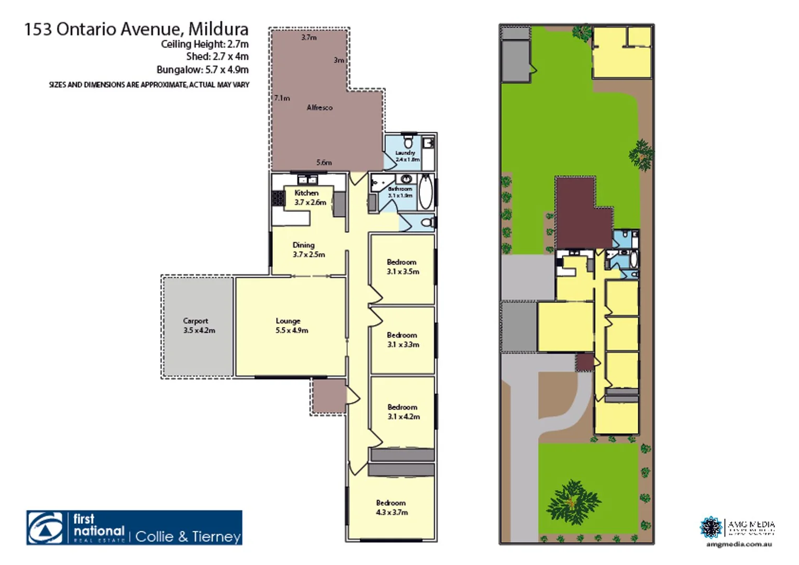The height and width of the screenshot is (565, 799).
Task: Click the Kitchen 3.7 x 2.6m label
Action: [x=309, y=198]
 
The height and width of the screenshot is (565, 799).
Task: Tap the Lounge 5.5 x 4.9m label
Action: [x=291, y=325]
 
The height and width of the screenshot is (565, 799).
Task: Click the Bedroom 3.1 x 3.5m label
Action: [x=402, y=266]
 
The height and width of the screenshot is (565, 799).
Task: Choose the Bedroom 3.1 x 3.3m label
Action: [x=402, y=340]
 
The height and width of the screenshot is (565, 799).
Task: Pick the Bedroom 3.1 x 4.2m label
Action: [x=403, y=412]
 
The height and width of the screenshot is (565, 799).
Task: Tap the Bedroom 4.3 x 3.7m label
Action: [x=391, y=507]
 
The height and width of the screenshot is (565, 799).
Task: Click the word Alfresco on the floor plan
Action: [x=319, y=107]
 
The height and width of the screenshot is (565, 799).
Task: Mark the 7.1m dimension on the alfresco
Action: [x=282, y=98]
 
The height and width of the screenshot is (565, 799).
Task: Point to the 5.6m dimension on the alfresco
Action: [x=324, y=162]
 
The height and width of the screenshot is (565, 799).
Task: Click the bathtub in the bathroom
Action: [x=425, y=192]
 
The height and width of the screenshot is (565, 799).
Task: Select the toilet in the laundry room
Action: [x=408, y=142]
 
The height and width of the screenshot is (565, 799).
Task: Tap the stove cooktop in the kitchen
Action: [x=278, y=198]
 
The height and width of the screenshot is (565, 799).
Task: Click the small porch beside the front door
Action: [x=329, y=396]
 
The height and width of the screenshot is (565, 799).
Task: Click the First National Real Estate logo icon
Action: [x=46, y=528]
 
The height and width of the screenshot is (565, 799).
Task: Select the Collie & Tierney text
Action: [x=188, y=536]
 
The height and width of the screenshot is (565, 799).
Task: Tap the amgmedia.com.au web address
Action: [x=738, y=544]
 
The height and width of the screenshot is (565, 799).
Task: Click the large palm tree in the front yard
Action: [x=572, y=502]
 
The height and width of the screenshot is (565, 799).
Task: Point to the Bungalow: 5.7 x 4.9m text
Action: [x=203, y=70]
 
